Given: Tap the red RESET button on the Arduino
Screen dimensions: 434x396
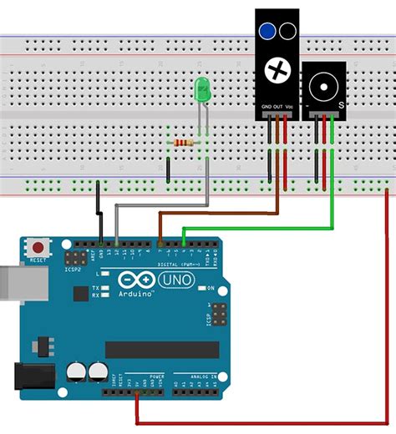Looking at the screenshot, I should [38, 247].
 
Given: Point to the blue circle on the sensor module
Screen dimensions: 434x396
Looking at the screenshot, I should [267, 32].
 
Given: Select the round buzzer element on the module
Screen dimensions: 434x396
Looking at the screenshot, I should [322, 86].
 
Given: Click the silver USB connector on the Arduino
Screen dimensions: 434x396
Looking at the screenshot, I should [10, 281].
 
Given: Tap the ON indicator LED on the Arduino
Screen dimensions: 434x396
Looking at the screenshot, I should [201, 288].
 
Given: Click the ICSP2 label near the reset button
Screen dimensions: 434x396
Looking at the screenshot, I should [74, 270].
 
